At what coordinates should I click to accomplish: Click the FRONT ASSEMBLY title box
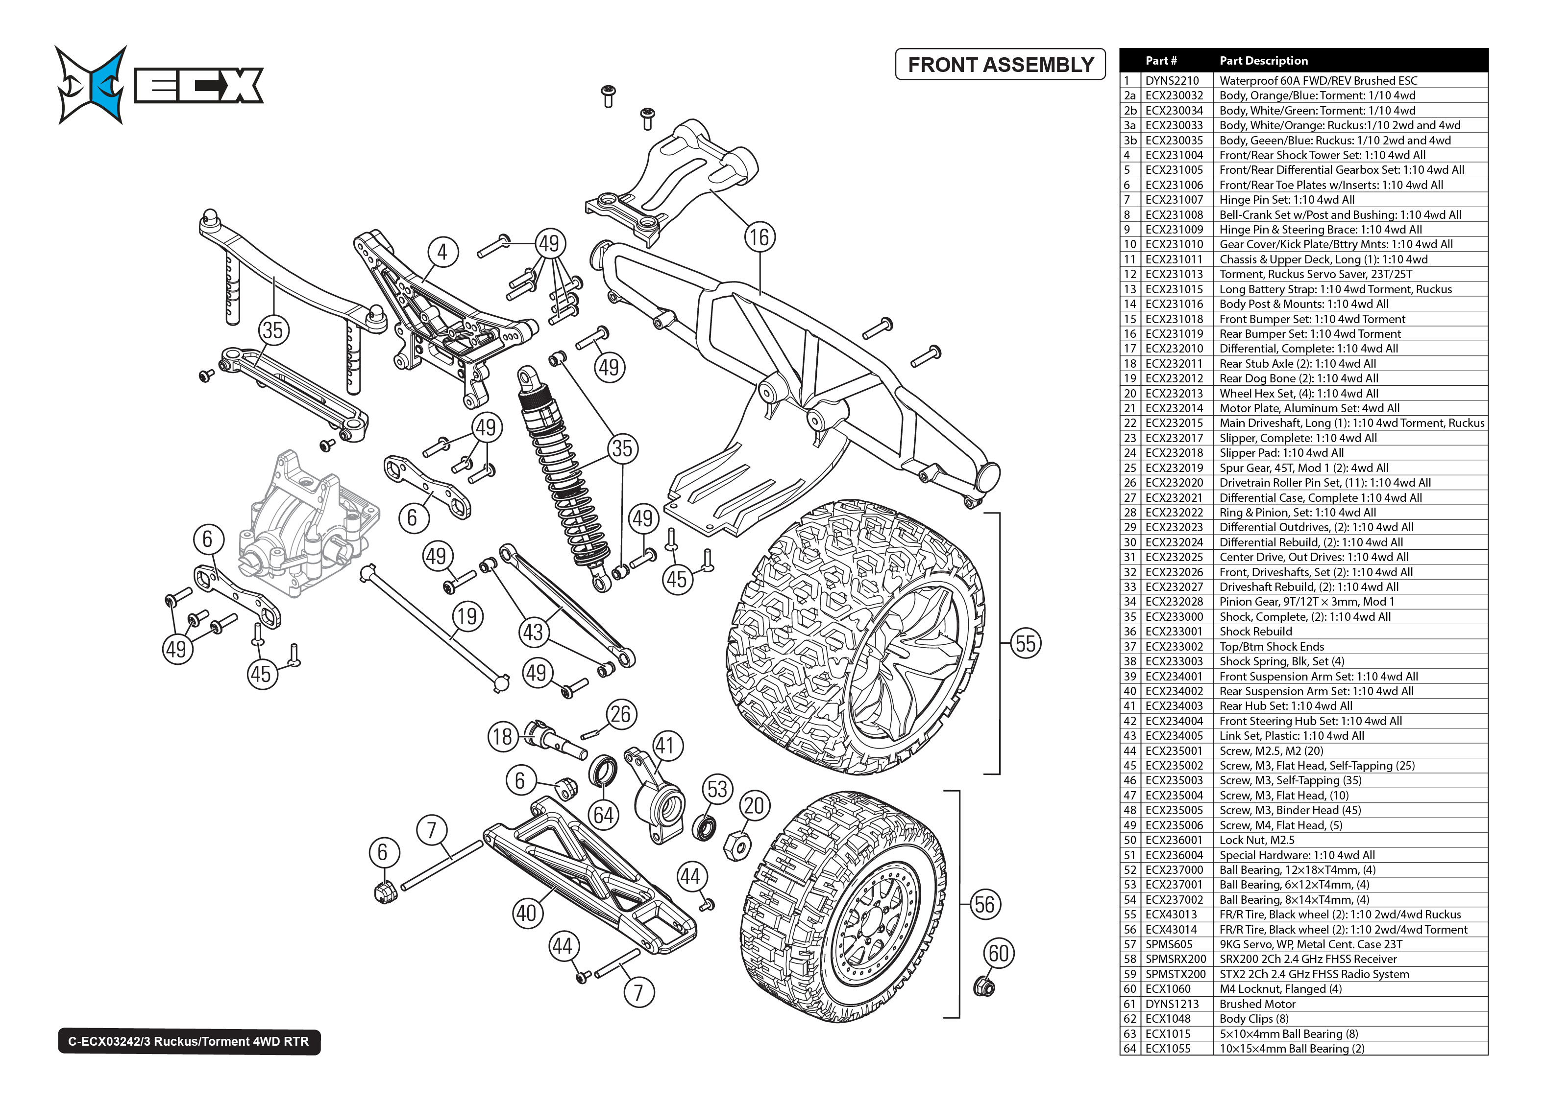[1000, 65]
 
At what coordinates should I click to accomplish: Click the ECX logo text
[198, 86]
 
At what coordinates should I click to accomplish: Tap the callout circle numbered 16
[759, 237]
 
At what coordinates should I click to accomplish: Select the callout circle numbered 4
[442, 253]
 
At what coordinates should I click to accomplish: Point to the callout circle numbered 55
[1025, 643]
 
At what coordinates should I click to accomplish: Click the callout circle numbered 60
[998, 953]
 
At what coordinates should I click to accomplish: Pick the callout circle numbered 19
[467, 616]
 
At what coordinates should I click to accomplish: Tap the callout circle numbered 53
[717, 789]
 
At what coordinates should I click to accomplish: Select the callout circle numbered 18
[502, 736]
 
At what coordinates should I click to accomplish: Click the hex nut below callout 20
[738, 845]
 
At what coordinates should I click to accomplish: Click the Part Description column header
[1263, 60]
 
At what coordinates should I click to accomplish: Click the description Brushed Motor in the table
[1257, 1004]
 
